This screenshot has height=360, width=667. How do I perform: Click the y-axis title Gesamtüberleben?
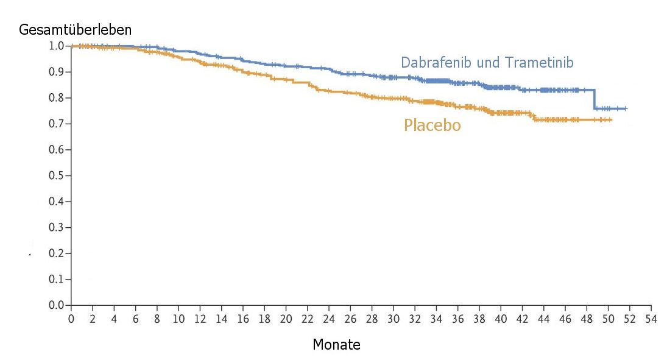pyautogui.click(x=76, y=29)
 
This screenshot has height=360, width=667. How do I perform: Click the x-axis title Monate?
pyautogui.click(x=336, y=345)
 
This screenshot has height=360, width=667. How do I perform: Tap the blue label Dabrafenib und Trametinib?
pyautogui.click(x=487, y=62)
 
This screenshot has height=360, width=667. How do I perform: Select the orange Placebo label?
pyautogui.click(x=432, y=125)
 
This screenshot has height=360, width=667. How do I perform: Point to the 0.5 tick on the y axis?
pyautogui.click(x=57, y=175)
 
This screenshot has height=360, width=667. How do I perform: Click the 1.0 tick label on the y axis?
pyautogui.click(x=57, y=46)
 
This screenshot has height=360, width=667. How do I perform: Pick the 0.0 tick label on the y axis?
pyautogui.click(x=57, y=305)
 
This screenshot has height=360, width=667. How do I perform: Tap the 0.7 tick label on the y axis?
pyautogui.click(x=57, y=124)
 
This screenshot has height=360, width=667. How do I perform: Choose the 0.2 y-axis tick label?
pyautogui.click(x=57, y=253)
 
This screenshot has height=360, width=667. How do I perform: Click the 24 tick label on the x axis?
pyautogui.click(x=329, y=319)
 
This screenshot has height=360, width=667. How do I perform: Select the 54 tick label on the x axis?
pyautogui.click(x=651, y=319)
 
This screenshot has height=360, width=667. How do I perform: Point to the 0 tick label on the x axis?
pyautogui.click(x=71, y=319)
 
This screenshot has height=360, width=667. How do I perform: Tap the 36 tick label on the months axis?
pyautogui.click(x=458, y=319)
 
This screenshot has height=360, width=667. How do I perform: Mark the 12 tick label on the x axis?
pyautogui.click(x=200, y=319)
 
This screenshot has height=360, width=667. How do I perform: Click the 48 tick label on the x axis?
pyautogui.click(x=587, y=319)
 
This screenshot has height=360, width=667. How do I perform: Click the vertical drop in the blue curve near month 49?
pyautogui.click(x=595, y=99)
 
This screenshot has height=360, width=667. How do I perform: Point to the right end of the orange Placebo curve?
pyautogui.click(x=611, y=120)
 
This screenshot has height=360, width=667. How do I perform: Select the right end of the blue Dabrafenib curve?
pyautogui.click(x=626, y=108)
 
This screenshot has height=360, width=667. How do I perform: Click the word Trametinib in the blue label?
pyautogui.click(x=539, y=62)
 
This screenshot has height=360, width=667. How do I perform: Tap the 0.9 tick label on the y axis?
pyautogui.click(x=57, y=72)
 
